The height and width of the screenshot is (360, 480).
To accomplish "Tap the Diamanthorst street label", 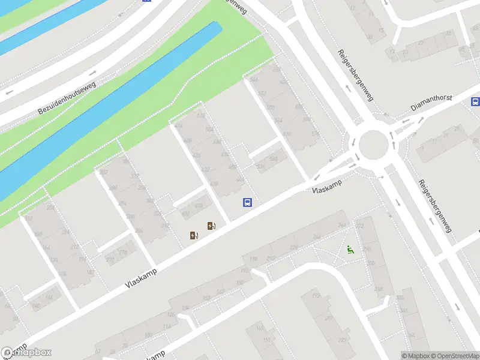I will [431, 103].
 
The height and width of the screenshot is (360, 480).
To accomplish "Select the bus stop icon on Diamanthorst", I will [475, 101].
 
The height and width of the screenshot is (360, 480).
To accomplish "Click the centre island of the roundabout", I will [373, 143].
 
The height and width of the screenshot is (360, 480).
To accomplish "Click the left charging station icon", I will [193, 235].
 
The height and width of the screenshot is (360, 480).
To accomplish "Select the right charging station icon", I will [211, 226].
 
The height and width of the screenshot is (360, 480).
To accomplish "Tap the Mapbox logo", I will [26, 353].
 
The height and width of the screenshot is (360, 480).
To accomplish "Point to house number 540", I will [274, 159].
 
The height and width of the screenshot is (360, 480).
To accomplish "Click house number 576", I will [316, 133].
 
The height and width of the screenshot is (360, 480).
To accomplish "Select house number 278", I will [122, 253].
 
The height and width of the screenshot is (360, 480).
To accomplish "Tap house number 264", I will [342, 225].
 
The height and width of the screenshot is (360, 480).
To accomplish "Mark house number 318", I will [379, 289].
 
